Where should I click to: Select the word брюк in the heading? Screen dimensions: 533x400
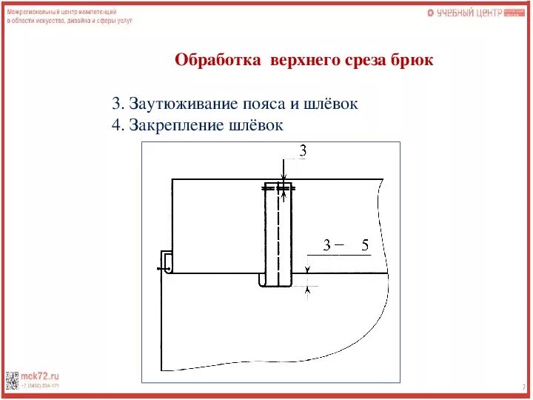[412, 60]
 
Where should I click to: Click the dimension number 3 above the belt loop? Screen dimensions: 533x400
[303, 151]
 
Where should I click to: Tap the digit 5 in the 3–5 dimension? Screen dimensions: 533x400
[364, 245]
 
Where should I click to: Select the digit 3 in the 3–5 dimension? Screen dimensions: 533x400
[326, 245]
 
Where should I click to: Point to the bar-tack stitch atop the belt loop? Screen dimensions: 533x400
[278, 189]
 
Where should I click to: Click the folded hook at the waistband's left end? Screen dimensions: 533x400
[167, 262]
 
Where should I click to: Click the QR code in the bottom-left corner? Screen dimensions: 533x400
[13, 379]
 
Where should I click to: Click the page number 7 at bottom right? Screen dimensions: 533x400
[523, 387]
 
